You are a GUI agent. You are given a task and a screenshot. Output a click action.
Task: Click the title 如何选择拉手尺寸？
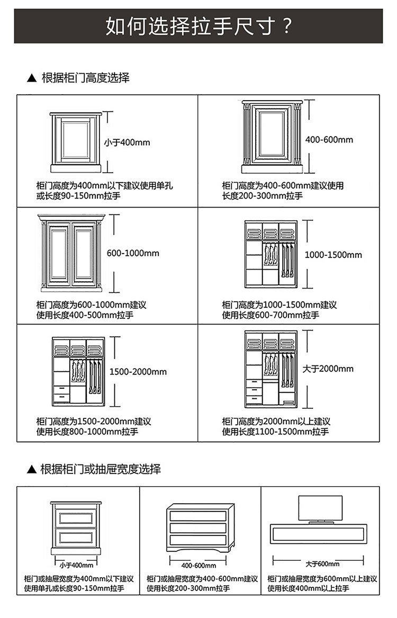tap(198, 25)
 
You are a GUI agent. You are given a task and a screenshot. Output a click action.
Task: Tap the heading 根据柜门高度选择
tap(85, 78)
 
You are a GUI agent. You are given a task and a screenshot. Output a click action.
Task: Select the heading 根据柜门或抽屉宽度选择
tap(101, 469)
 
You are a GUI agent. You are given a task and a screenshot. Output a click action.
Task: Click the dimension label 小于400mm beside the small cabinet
tap(127, 142)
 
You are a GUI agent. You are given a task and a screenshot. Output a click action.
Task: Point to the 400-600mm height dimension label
tap(329, 140)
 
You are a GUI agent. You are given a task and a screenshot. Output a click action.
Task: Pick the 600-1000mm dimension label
tap(133, 253)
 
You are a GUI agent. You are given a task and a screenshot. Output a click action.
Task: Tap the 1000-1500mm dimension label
tap(333, 255)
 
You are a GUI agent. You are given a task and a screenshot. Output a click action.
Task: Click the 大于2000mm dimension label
tap(328, 369)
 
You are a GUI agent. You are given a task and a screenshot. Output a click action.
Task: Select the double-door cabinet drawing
tap(70, 253)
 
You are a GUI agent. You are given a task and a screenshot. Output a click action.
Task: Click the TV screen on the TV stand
tap(320, 508)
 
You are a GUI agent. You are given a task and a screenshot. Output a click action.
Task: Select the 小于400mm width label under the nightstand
tap(74, 565)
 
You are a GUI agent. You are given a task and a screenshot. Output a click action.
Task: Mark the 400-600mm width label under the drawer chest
tap(198, 565)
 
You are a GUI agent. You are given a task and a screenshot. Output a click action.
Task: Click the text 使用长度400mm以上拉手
tap(309, 588)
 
